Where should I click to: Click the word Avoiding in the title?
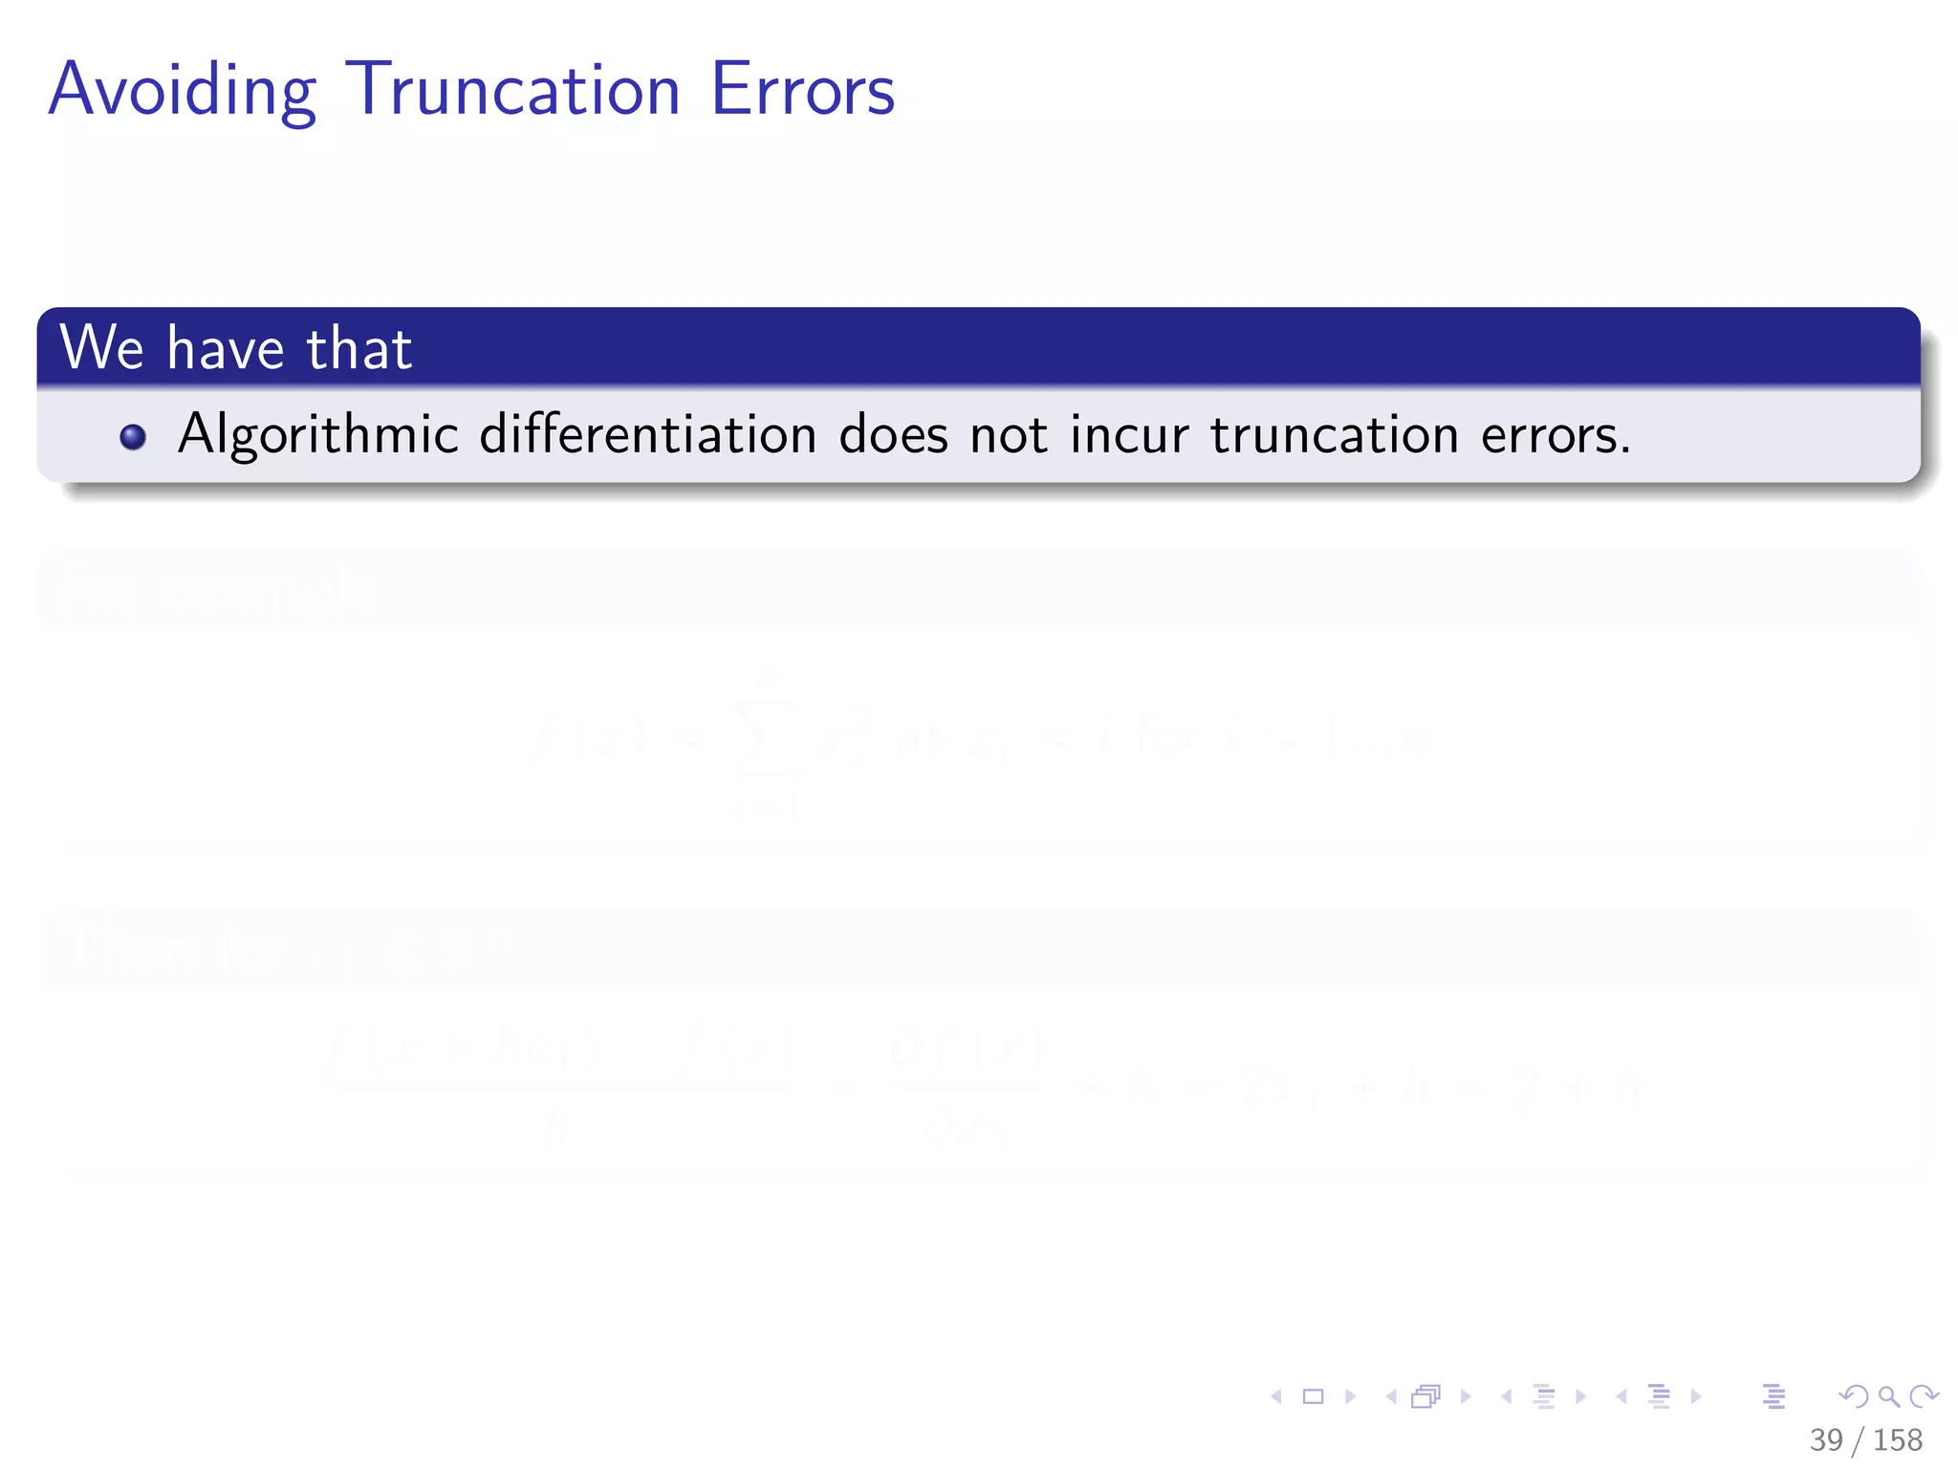(x=182, y=91)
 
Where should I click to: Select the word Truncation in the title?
(x=512, y=91)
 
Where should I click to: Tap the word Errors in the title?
(x=802, y=91)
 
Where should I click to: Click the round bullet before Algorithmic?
(x=133, y=437)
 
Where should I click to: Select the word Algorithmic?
(x=318, y=435)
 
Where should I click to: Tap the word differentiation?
(x=647, y=435)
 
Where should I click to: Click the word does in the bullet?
(x=893, y=435)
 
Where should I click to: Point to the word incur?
(x=1129, y=435)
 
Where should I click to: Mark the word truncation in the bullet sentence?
(x=1334, y=435)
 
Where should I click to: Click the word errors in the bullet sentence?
(x=1555, y=435)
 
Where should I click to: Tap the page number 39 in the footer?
(x=1826, y=1439)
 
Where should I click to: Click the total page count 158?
(x=1898, y=1439)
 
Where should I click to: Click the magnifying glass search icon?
(x=1888, y=1396)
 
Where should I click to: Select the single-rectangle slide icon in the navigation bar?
(x=1314, y=1396)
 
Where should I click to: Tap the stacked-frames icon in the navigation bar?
(x=1425, y=1396)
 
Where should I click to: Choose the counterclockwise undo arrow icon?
(x=1854, y=1396)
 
